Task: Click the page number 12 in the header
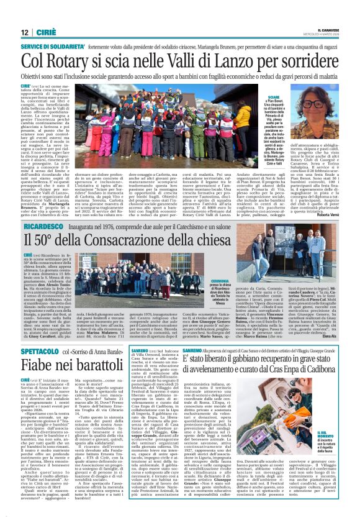tap(25, 32)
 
